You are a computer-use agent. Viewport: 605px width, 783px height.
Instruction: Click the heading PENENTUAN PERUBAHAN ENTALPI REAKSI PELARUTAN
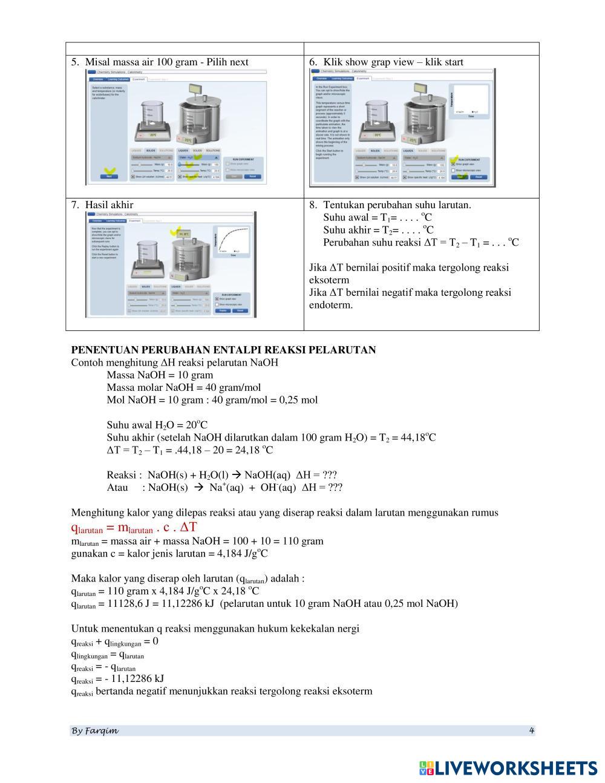[223, 350]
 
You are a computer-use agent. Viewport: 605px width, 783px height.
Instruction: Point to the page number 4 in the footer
[531, 730]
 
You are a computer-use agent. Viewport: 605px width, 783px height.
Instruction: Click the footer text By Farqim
[95, 731]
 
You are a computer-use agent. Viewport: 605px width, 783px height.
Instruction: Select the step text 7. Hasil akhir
[102, 205]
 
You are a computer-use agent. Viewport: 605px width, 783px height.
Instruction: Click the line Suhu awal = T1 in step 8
[378, 218]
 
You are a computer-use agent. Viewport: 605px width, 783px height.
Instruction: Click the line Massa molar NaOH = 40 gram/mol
[183, 388]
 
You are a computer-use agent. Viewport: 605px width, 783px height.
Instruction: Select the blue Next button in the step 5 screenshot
[109, 176]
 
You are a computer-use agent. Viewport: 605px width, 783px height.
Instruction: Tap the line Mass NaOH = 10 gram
[160, 375]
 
